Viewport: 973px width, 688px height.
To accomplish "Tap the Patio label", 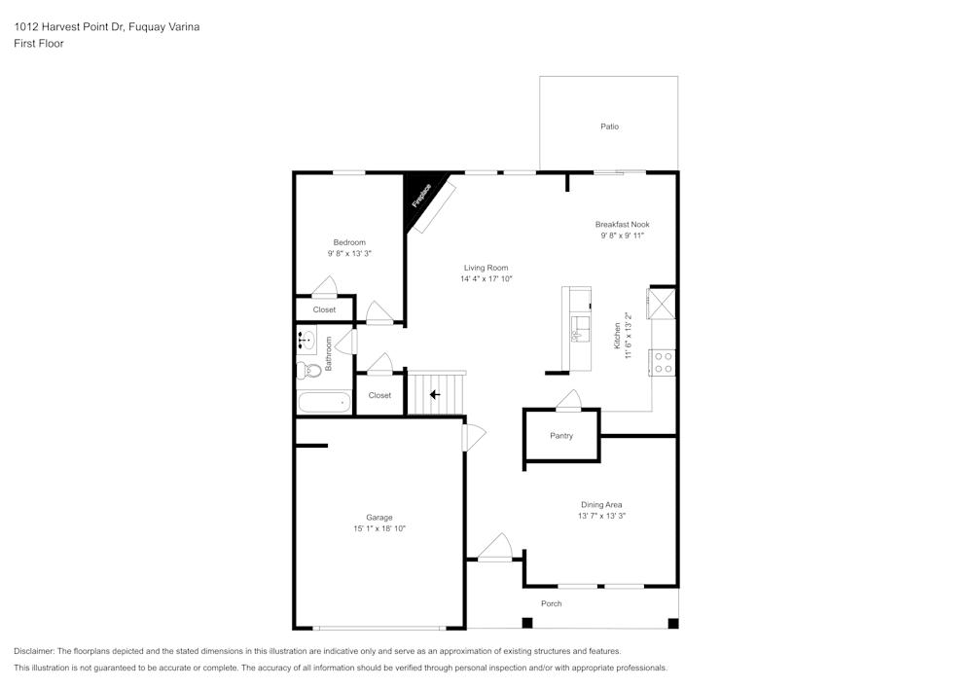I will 609,127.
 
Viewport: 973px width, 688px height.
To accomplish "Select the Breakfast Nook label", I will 622,224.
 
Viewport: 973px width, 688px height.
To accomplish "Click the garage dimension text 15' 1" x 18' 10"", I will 378,528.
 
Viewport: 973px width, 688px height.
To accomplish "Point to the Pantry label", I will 561,436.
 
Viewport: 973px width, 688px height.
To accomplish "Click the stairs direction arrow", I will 434,394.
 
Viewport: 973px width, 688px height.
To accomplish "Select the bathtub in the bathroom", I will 324,402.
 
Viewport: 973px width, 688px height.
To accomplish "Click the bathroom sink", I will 306,340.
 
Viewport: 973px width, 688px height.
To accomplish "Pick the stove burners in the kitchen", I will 665,363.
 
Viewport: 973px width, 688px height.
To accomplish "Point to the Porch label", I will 552,603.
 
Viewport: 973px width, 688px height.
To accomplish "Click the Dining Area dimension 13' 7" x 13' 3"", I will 601,516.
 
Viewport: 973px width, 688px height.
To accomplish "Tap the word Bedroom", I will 349,242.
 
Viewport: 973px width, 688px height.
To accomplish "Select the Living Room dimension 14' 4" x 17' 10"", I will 486,279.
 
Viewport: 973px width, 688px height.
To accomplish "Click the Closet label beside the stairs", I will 379,395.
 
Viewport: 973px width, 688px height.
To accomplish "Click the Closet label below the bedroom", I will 324,309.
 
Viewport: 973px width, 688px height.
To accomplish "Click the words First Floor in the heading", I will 39,44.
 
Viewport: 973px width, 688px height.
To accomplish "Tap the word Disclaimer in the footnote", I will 34,651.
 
